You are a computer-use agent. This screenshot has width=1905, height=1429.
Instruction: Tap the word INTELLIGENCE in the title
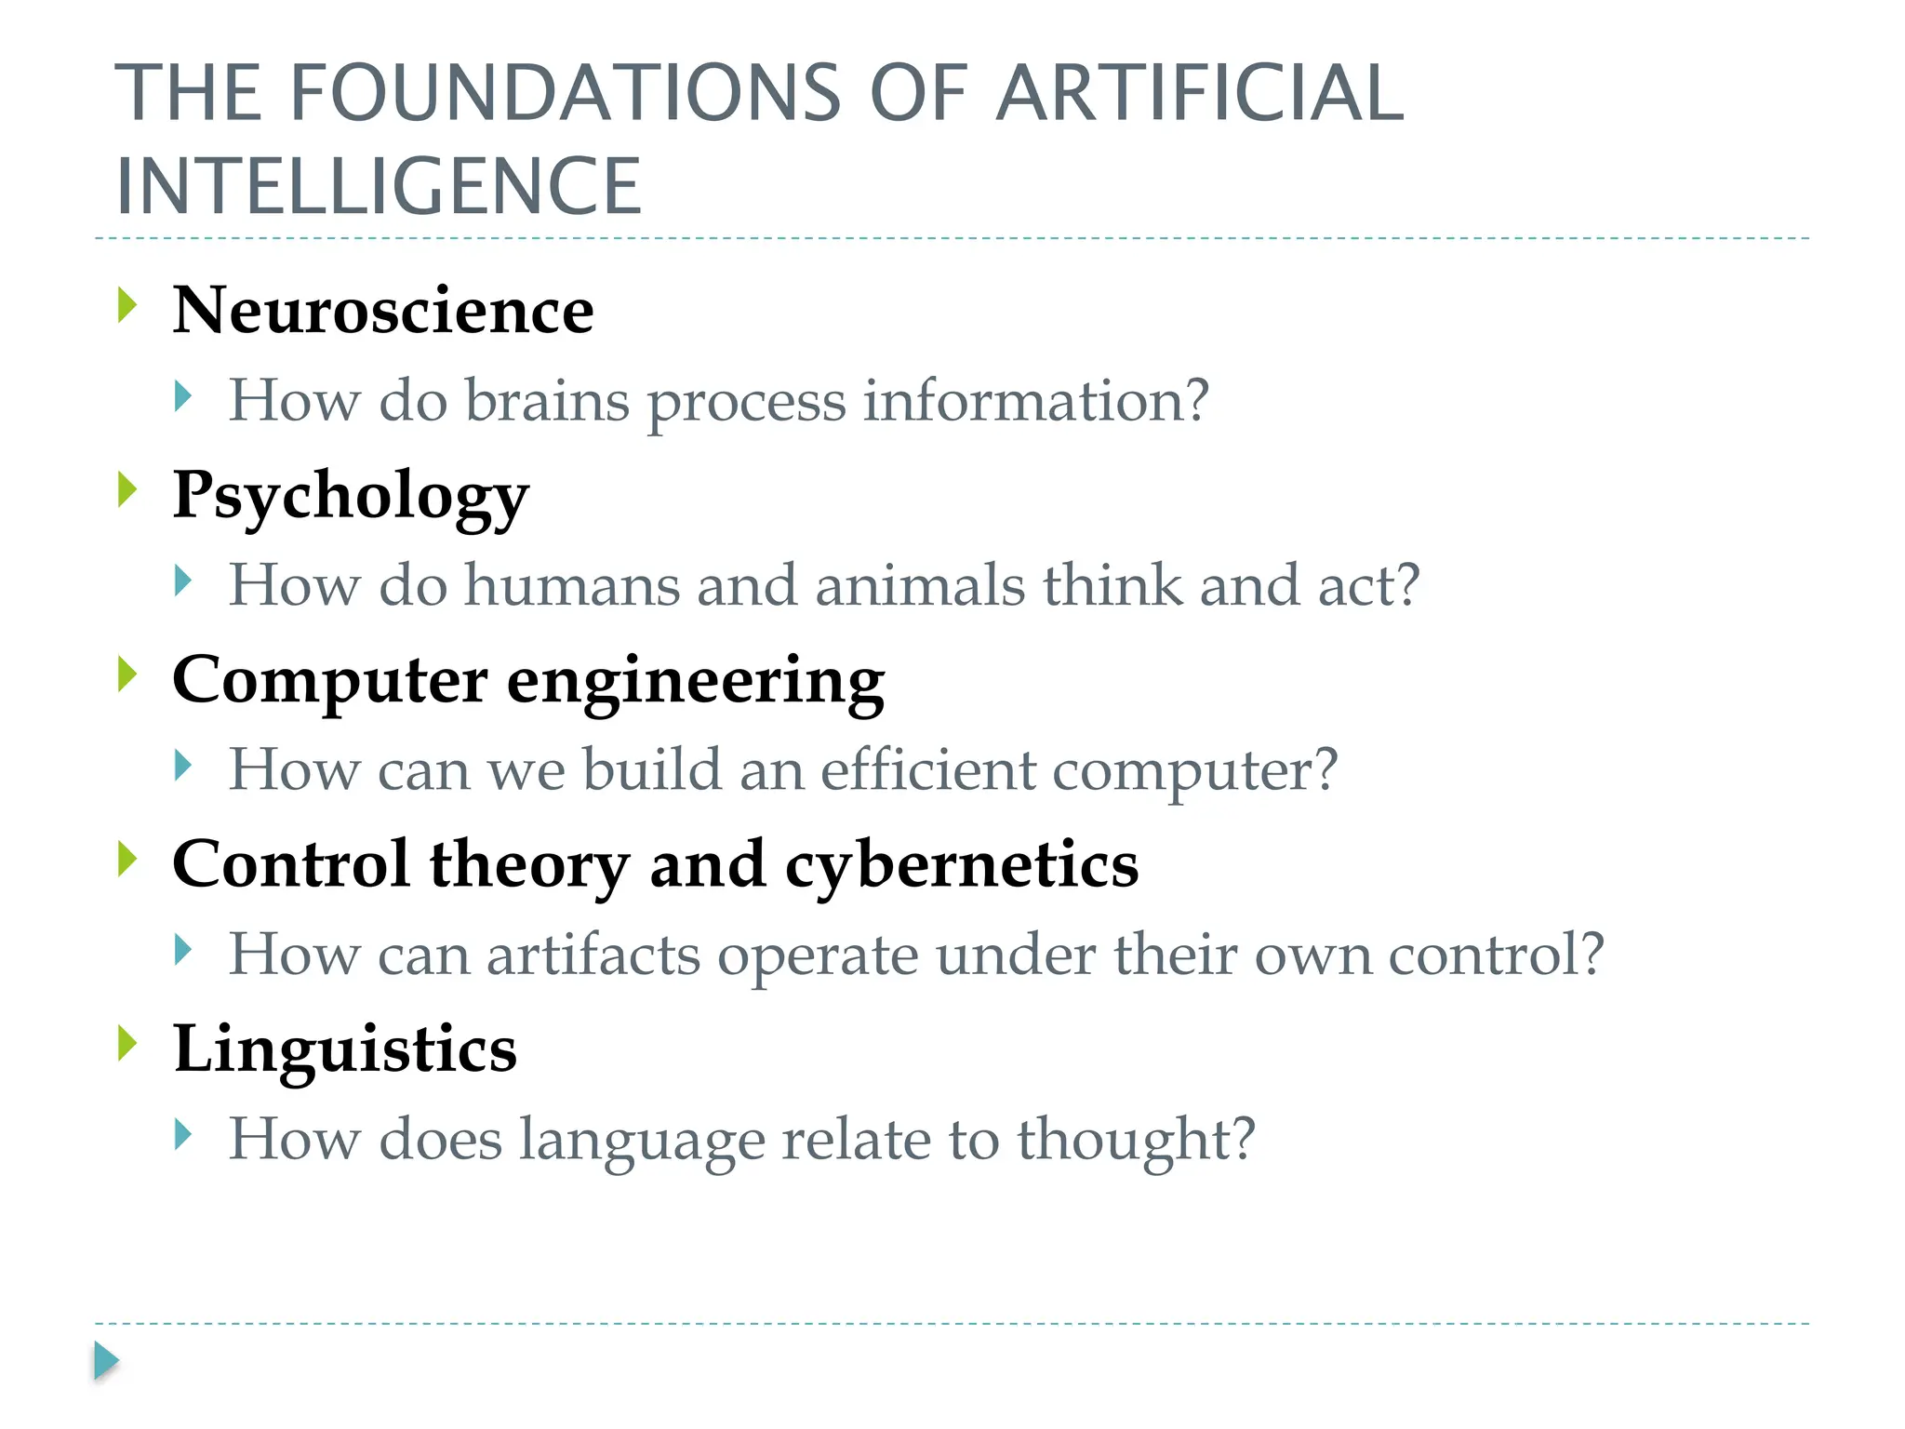[x=379, y=186]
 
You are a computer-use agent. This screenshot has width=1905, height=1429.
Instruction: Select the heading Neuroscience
[x=383, y=310]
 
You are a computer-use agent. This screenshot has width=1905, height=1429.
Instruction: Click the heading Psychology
[x=351, y=495]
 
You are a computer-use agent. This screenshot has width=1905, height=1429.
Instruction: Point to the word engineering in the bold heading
[x=696, y=681]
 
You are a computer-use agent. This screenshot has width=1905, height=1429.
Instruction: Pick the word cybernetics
[x=962, y=864]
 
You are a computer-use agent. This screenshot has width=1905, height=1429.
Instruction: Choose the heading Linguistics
[x=345, y=1048]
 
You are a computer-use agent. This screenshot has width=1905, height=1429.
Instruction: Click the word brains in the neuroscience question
[x=547, y=400]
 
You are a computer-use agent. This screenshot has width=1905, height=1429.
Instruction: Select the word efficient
[x=928, y=769]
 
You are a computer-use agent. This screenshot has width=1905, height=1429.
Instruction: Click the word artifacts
[x=593, y=955]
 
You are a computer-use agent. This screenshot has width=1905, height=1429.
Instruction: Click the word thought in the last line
[x=1135, y=1139]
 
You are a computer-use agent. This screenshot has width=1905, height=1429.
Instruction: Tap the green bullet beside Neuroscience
[x=128, y=306]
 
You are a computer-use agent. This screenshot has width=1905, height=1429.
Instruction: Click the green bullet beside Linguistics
[x=128, y=1044]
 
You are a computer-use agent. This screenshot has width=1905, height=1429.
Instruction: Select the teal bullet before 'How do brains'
[x=183, y=397]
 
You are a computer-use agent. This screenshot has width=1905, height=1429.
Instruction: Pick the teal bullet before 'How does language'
[x=183, y=1135]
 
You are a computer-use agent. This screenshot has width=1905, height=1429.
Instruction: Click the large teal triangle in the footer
[x=106, y=1361]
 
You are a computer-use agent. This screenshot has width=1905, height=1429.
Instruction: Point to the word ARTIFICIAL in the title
[x=1199, y=93]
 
